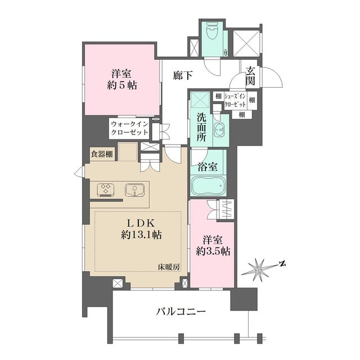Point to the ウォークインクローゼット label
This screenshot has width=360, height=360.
point(129,128)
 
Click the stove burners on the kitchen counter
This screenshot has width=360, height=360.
point(105,189)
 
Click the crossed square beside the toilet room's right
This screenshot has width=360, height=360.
point(245,42)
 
